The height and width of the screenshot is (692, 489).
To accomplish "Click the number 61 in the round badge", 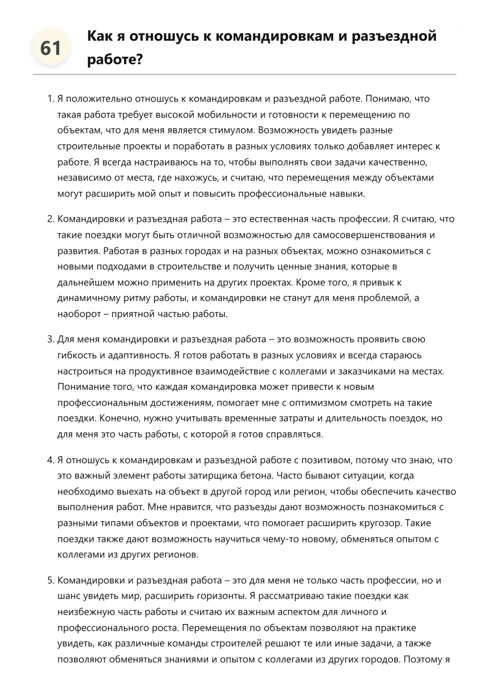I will click(51, 49).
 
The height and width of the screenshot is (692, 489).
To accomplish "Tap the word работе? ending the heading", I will click(114, 60).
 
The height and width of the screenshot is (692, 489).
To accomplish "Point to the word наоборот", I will click(79, 314).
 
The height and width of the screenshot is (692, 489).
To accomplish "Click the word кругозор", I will click(381, 523).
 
